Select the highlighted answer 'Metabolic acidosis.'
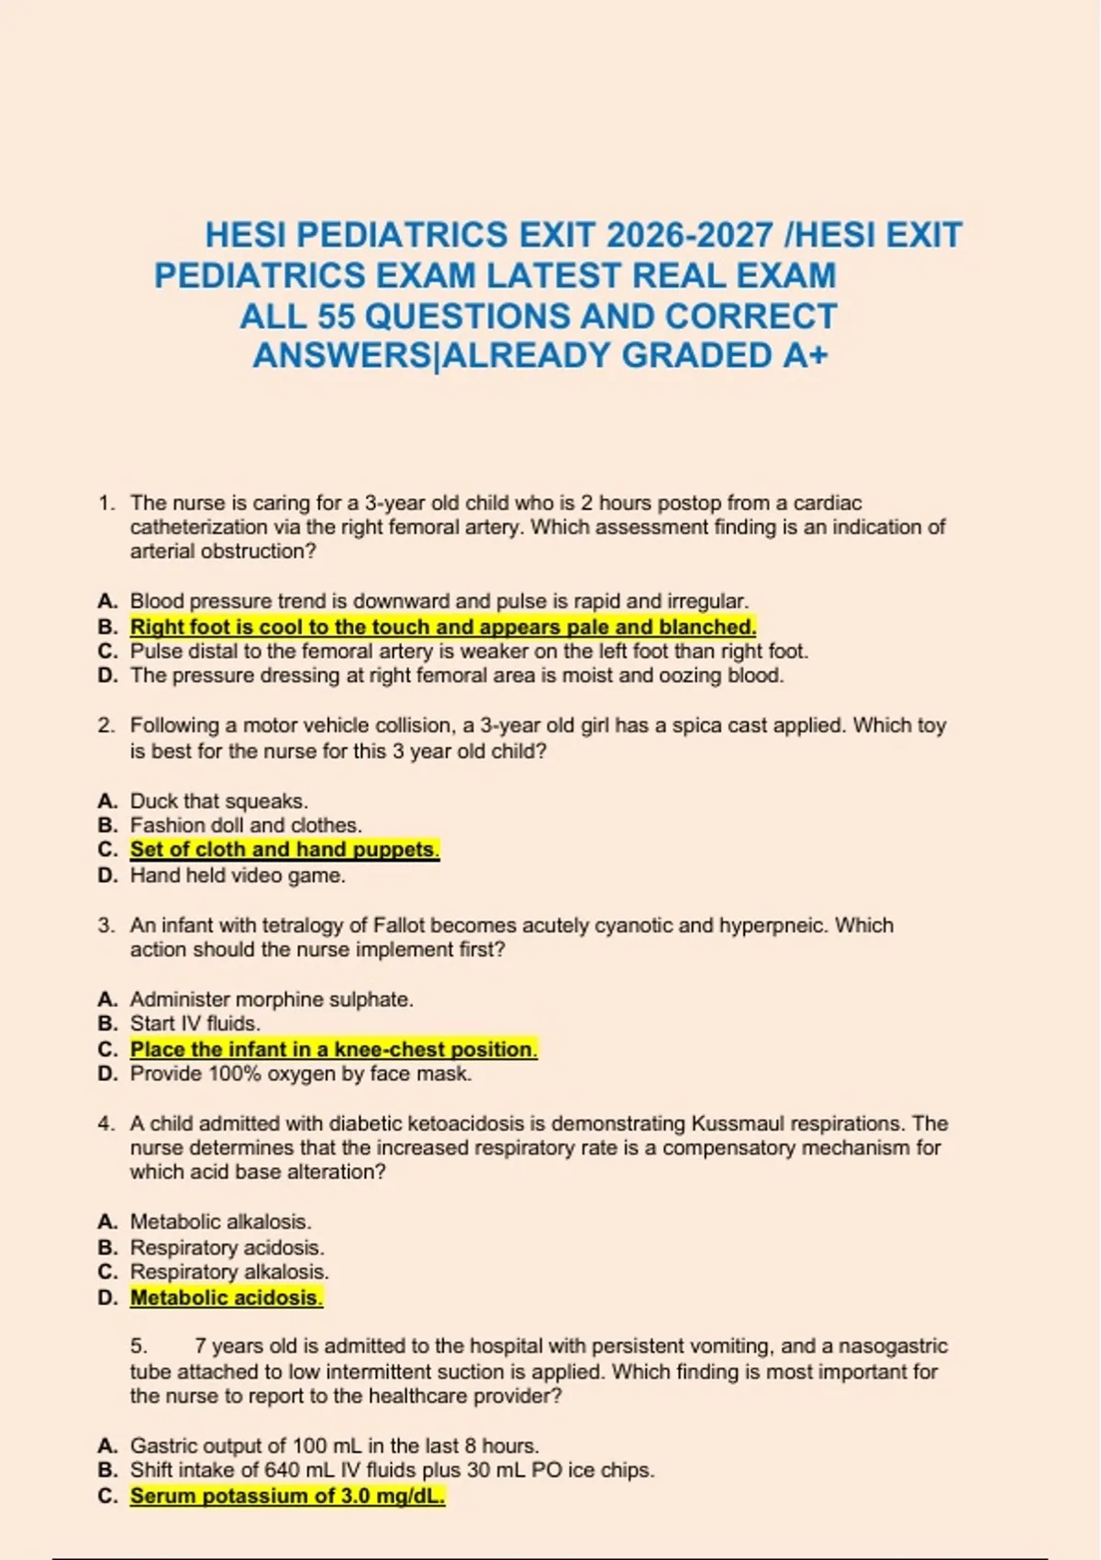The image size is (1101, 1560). click(x=226, y=1298)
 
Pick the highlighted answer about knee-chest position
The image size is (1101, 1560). click(x=333, y=1049)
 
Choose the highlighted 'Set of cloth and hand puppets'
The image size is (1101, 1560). click(x=284, y=850)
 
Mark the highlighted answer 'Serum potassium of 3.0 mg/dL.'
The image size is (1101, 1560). click(x=287, y=1496)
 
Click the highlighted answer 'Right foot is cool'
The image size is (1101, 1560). click(x=443, y=627)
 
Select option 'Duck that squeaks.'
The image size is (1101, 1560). click(x=218, y=801)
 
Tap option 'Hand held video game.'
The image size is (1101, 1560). click(x=238, y=875)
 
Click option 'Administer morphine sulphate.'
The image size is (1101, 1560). click(x=272, y=999)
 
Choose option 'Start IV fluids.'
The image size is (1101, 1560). click(x=195, y=1023)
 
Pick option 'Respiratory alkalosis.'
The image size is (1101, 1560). click(x=229, y=1272)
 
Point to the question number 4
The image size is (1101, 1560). click(x=106, y=1123)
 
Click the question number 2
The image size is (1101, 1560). click(x=106, y=725)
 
